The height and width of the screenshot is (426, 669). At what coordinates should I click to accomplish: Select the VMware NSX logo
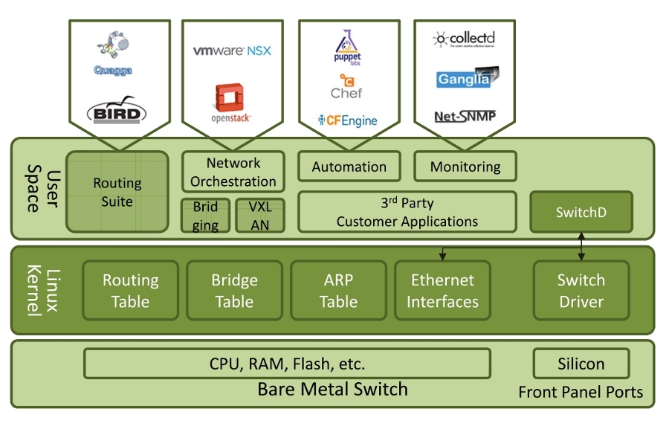(232, 51)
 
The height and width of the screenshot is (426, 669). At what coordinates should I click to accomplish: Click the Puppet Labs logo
(348, 48)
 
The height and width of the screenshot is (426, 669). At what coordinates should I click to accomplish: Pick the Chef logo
(347, 86)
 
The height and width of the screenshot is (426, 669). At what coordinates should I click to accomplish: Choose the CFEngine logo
(347, 120)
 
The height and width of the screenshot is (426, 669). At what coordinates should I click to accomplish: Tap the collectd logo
(465, 39)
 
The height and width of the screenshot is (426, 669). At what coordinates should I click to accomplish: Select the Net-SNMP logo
(465, 116)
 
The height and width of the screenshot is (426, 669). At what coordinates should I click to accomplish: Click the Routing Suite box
(117, 192)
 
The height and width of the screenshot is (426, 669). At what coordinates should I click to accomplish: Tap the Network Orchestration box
(233, 172)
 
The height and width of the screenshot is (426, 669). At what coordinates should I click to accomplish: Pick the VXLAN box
(260, 216)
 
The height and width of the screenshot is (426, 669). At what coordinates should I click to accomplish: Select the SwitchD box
(581, 212)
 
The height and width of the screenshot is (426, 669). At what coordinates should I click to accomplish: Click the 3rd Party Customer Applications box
(407, 212)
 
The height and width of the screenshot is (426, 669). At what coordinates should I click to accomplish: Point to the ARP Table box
(338, 291)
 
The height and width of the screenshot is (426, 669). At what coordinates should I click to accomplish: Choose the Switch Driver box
(581, 291)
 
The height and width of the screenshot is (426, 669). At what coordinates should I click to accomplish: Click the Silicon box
(581, 364)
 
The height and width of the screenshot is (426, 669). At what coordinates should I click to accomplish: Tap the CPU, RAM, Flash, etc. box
(287, 364)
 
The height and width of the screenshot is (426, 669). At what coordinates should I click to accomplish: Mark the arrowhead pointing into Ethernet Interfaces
(442, 256)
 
